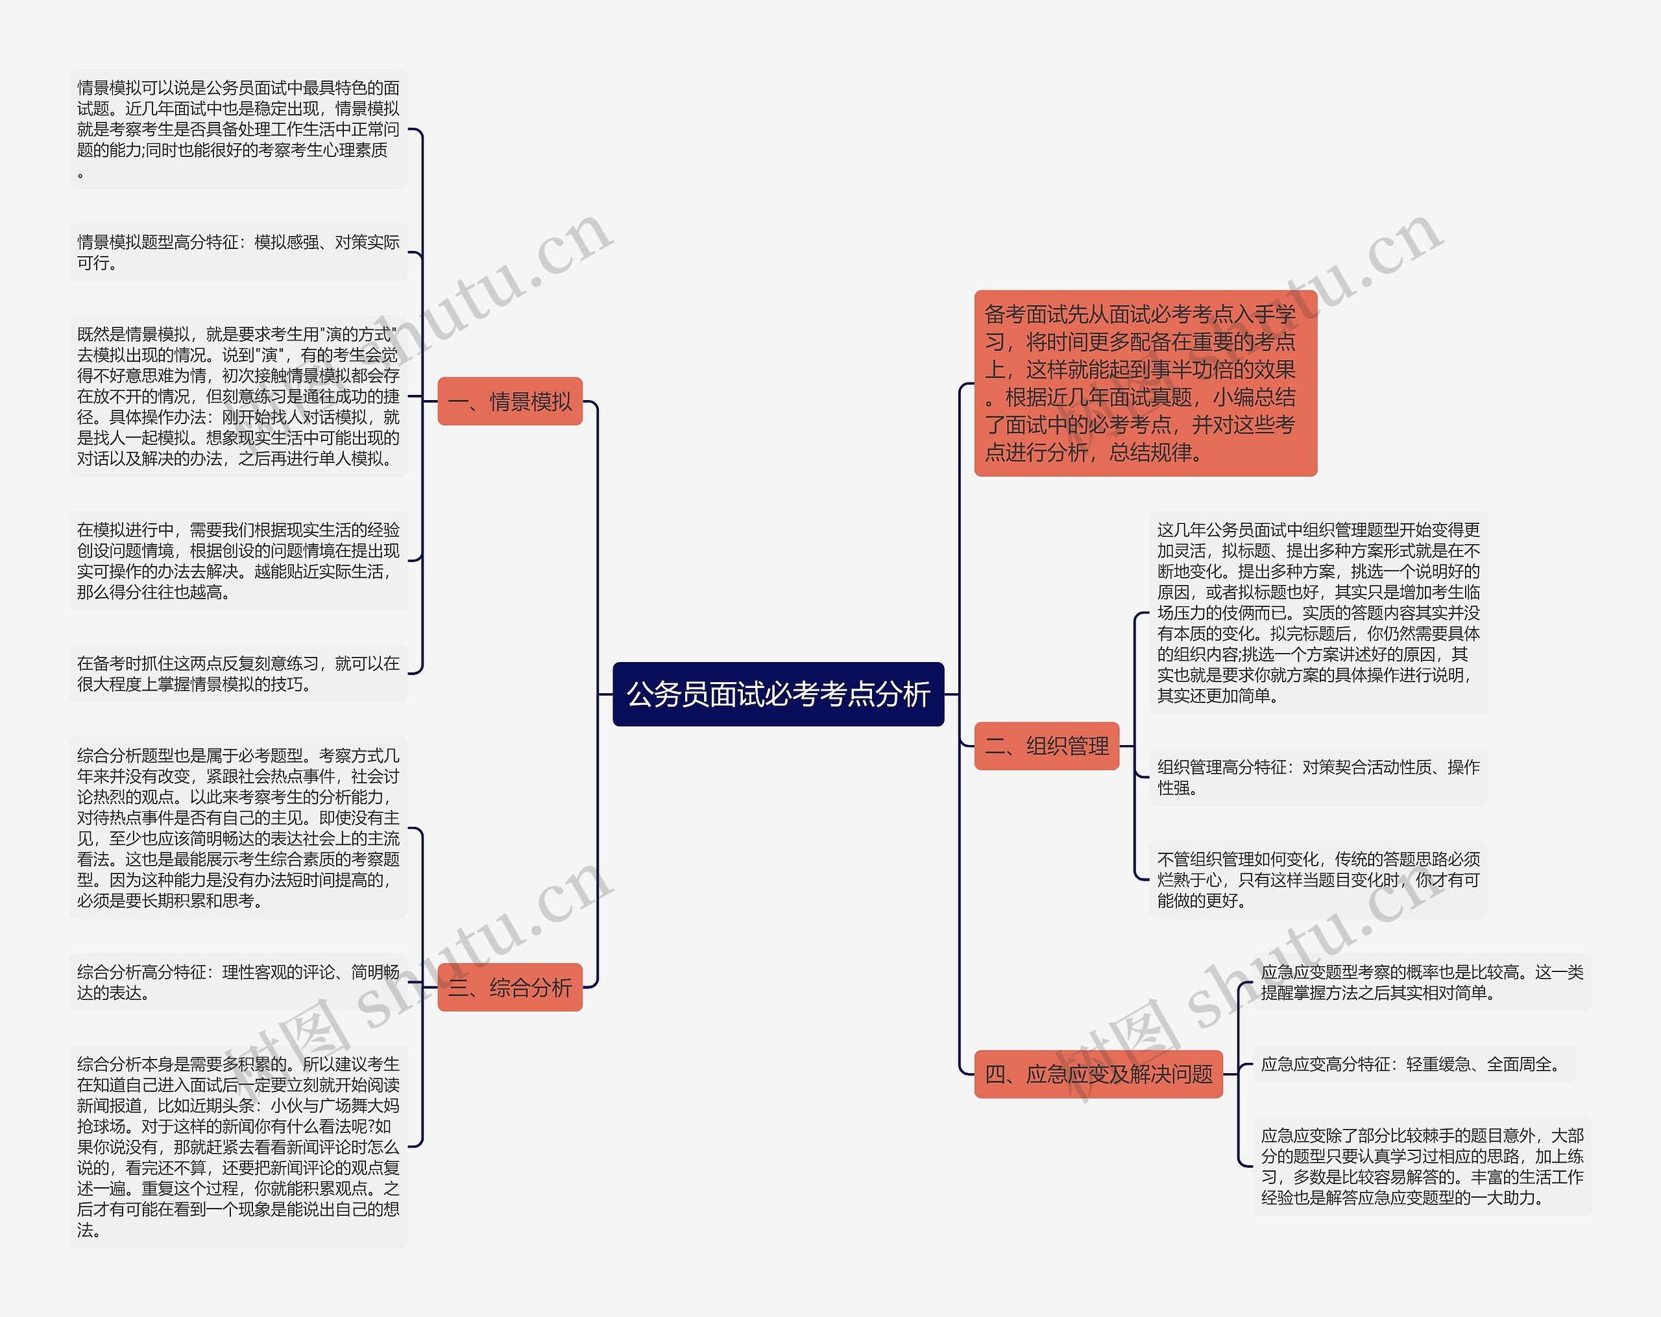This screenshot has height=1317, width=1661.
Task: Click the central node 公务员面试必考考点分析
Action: click(x=778, y=694)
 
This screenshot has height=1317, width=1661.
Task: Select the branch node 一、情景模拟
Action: click(x=509, y=401)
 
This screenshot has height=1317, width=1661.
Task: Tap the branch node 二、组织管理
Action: click(x=1046, y=746)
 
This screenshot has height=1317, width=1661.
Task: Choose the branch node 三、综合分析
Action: click(x=509, y=988)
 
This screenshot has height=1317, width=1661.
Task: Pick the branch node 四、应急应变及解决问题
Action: click(x=1098, y=1074)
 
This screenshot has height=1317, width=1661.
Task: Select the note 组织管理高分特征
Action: click(x=1317, y=777)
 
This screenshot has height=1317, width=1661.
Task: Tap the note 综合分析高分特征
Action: click(x=238, y=982)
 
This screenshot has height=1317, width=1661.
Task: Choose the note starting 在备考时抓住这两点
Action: click(x=238, y=674)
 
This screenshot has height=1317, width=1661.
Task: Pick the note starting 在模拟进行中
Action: click(x=238, y=561)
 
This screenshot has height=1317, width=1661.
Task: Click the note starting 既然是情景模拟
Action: click(x=238, y=396)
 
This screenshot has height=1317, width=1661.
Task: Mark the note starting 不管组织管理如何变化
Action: click(x=1317, y=879)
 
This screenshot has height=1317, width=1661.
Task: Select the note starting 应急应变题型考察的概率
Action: click(x=1422, y=982)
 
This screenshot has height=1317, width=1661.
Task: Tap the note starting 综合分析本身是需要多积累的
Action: click(x=238, y=1146)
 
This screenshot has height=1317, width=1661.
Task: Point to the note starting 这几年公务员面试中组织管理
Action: click(x=1317, y=612)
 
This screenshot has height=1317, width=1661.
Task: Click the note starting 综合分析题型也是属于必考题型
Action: click(x=238, y=828)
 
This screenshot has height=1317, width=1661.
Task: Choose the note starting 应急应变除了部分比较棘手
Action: click(x=1422, y=1166)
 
